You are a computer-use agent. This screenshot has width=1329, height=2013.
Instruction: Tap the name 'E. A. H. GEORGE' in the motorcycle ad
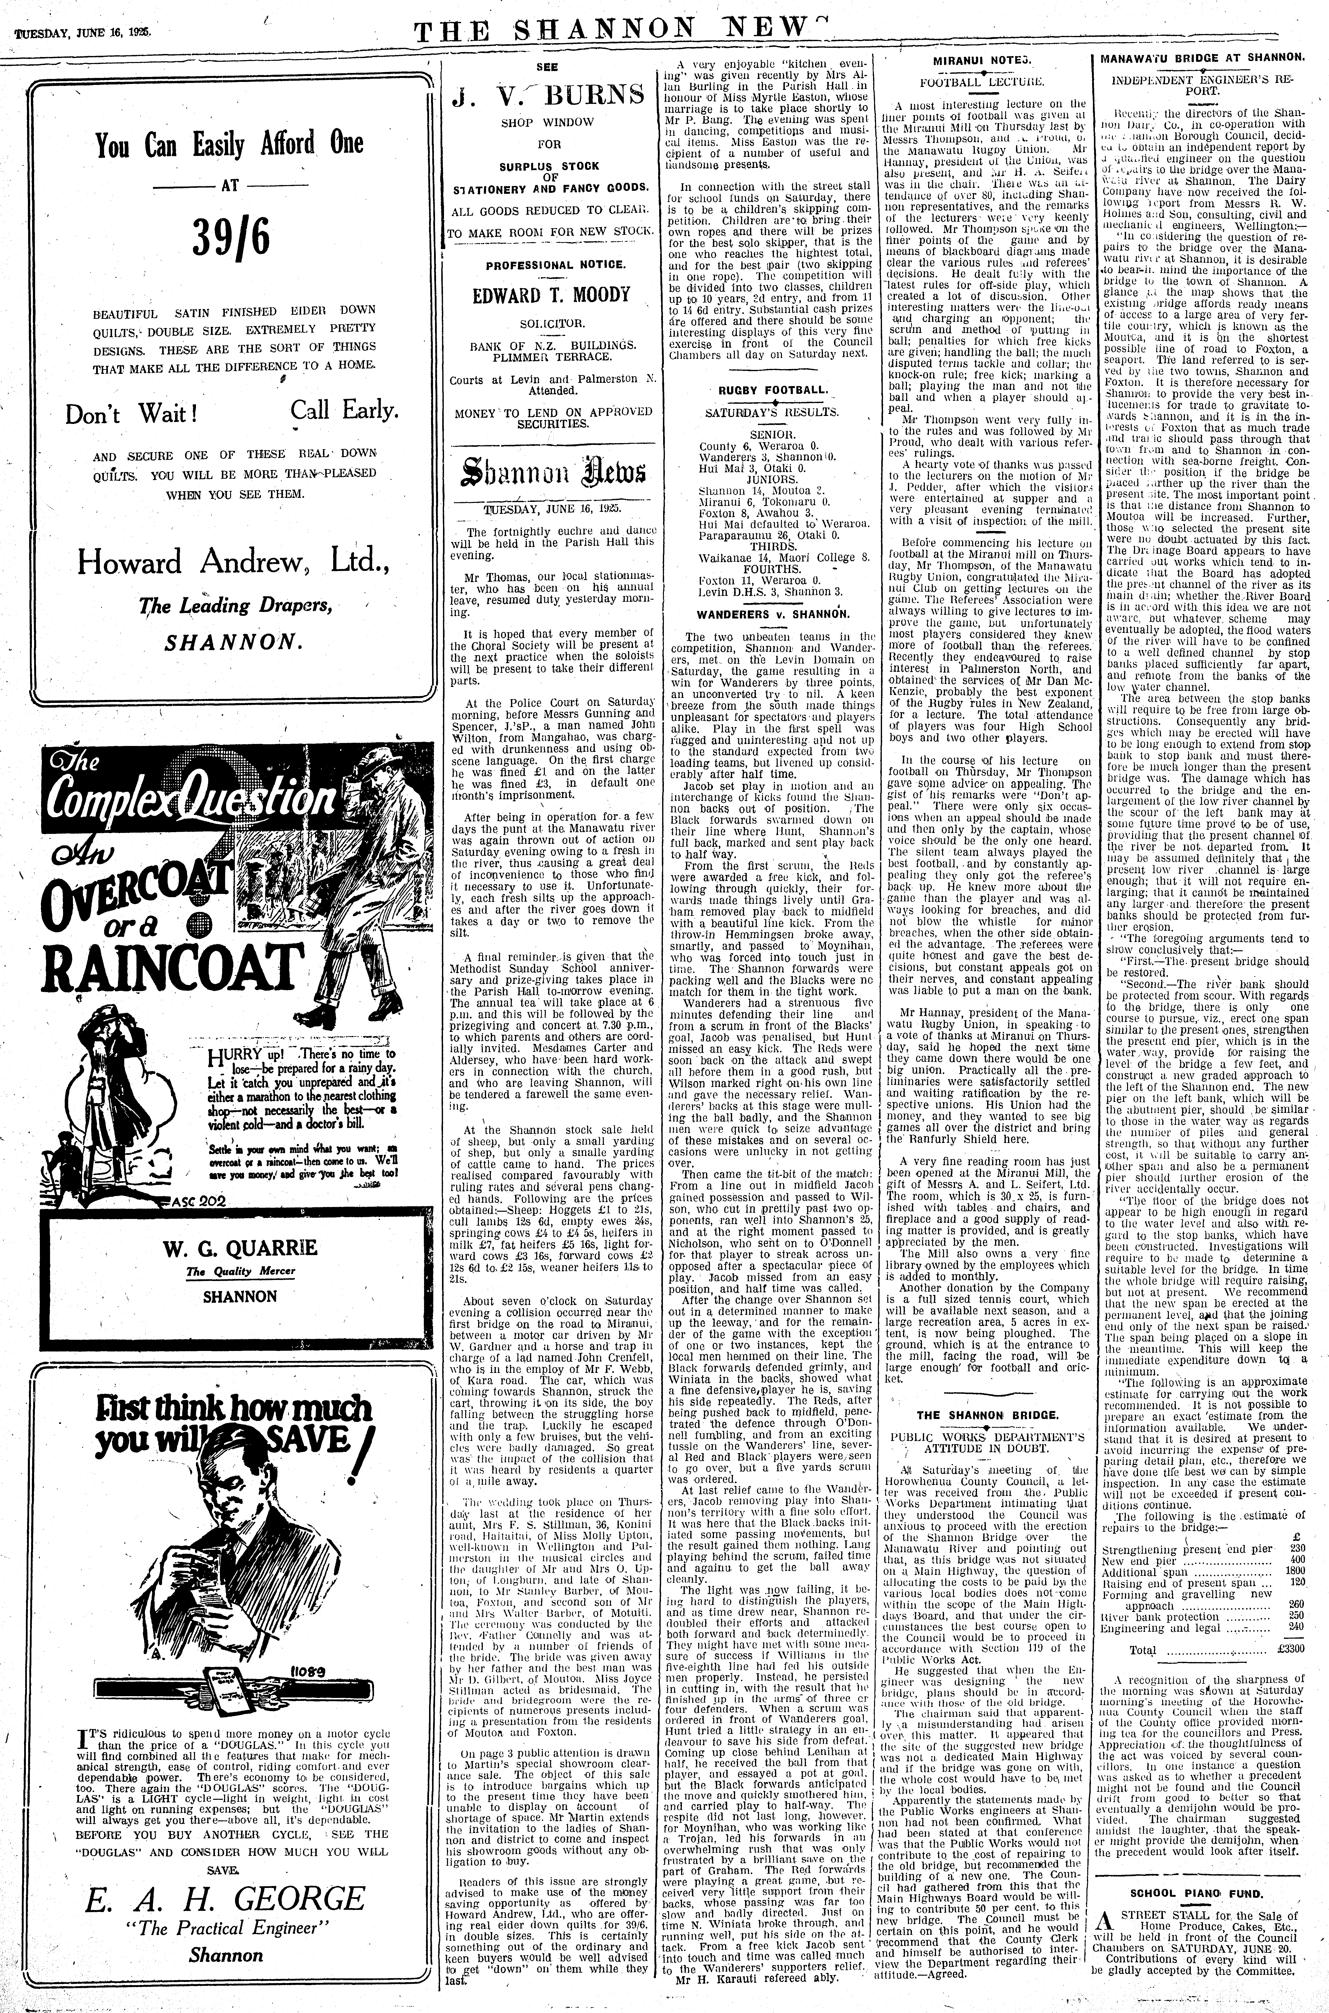[225, 1897]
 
